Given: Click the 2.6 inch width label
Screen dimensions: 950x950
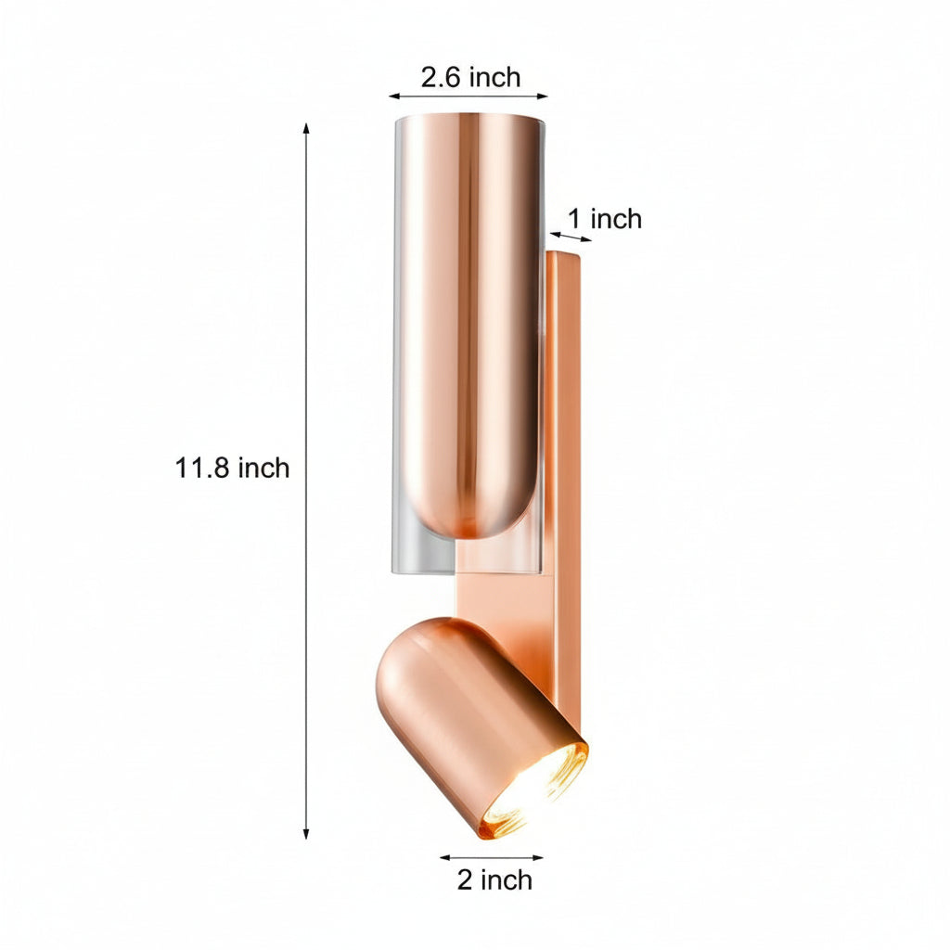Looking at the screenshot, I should coord(470,77).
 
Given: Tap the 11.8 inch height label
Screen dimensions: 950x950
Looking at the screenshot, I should coord(232,468).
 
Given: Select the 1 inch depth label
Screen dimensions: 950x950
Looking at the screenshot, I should coord(604,219).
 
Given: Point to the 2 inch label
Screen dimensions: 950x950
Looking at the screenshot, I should coord(494,879).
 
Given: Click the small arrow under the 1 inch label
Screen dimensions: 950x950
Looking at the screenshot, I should coord(571,237).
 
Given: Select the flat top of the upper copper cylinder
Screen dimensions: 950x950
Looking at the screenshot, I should coord(469,120).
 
